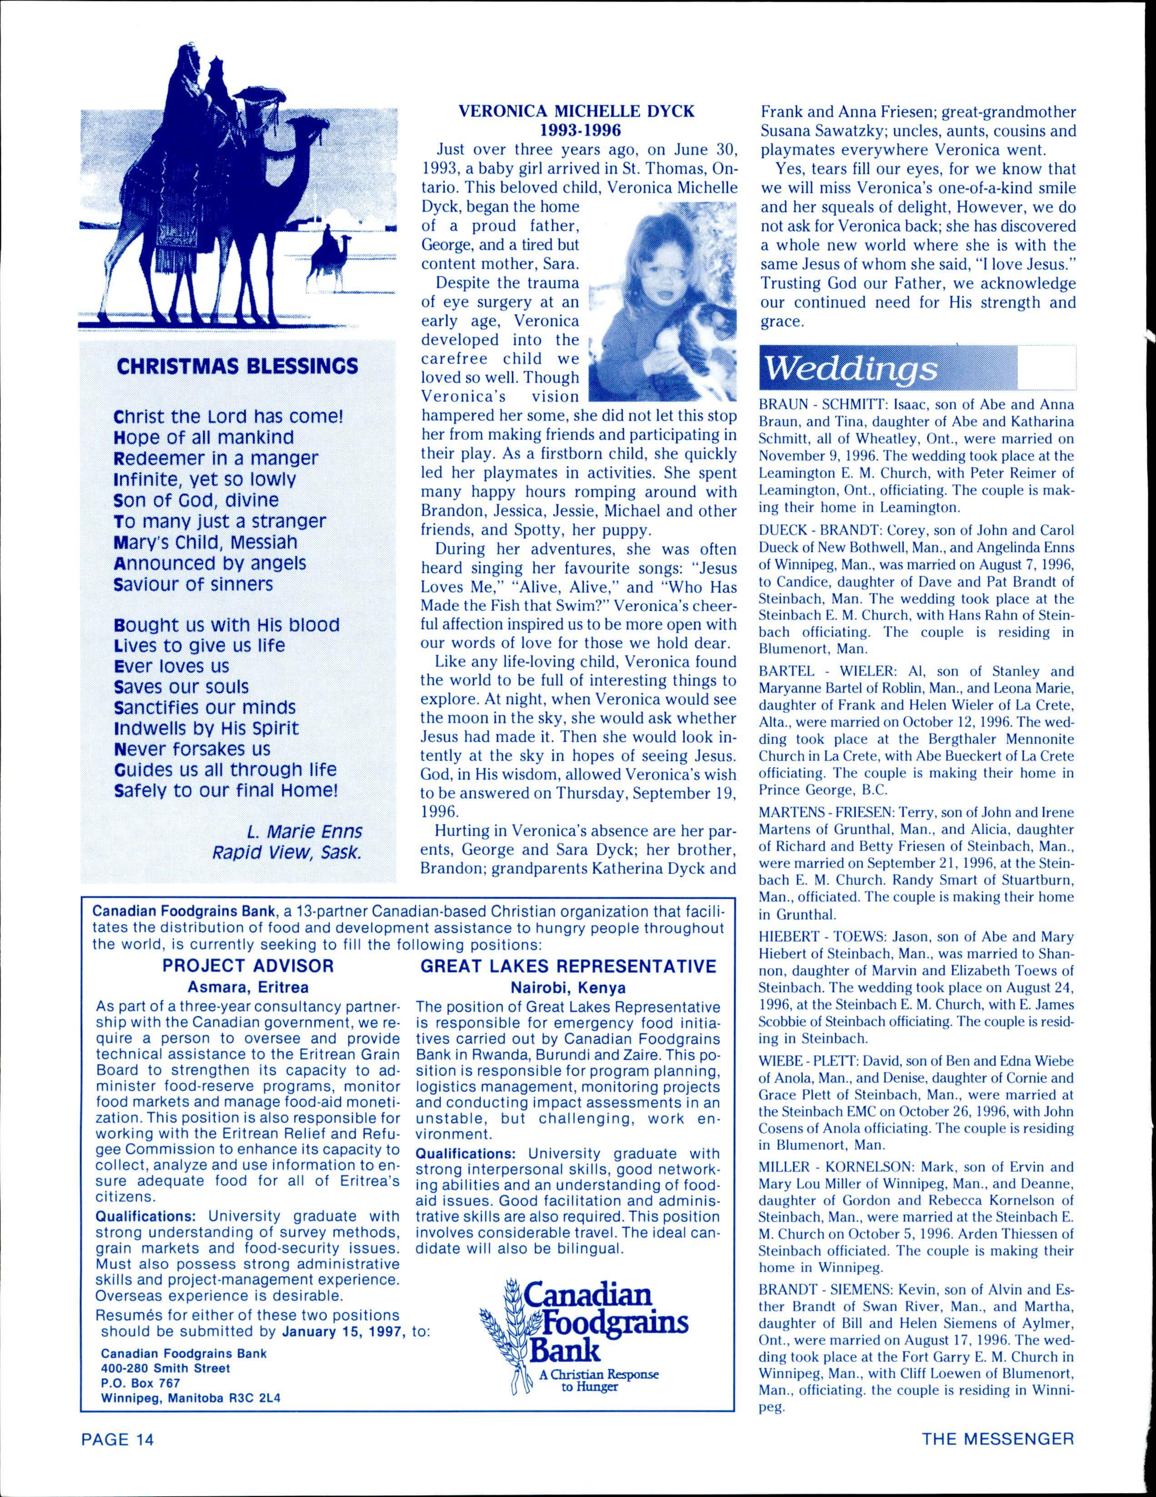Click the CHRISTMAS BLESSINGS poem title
[238, 365]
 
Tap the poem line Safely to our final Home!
[226, 790]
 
